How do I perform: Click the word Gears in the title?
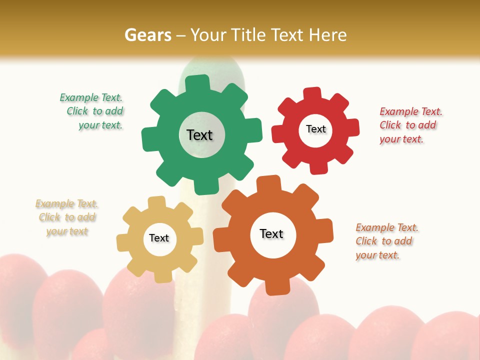pos(147,35)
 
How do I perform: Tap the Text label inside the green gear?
pos(199,135)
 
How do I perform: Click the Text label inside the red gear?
pos(315,129)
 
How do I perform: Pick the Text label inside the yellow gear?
pos(159,238)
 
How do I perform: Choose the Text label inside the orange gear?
pos(271,233)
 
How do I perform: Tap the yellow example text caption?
pos(67,217)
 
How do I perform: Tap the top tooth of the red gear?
pos(313,94)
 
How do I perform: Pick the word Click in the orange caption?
pos(366,241)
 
